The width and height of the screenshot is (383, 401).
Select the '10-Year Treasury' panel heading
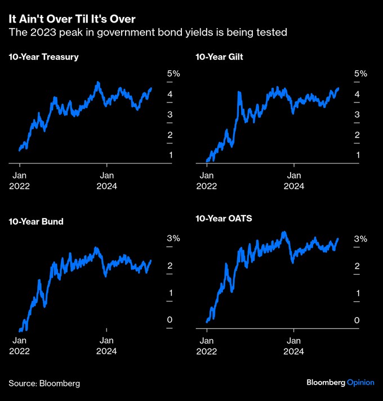(x=43, y=57)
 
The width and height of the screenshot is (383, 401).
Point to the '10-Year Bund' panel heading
(x=36, y=221)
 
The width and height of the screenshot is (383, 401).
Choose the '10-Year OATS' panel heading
(x=224, y=218)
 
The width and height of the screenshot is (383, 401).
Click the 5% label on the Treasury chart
(x=173, y=74)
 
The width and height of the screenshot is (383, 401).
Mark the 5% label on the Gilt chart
(x=360, y=74)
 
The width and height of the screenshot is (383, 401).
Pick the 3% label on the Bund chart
(x=173, y=238)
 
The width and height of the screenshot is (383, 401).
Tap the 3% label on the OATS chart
(x=360, y=238)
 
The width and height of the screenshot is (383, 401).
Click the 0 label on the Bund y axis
(x=170, y=320)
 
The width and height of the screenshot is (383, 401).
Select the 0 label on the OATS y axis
(x=357, y=320)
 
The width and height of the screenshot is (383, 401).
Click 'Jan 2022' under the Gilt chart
(x=207, y=180)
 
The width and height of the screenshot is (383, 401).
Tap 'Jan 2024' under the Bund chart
(x=106, y=345)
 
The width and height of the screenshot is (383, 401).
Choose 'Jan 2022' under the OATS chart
(x=207, y=345)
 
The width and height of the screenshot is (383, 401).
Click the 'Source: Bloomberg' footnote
(x=44, y=384)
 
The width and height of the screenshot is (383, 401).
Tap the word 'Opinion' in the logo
(x=360, y=382)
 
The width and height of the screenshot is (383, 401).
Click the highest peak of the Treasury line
(x=98, y=82)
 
